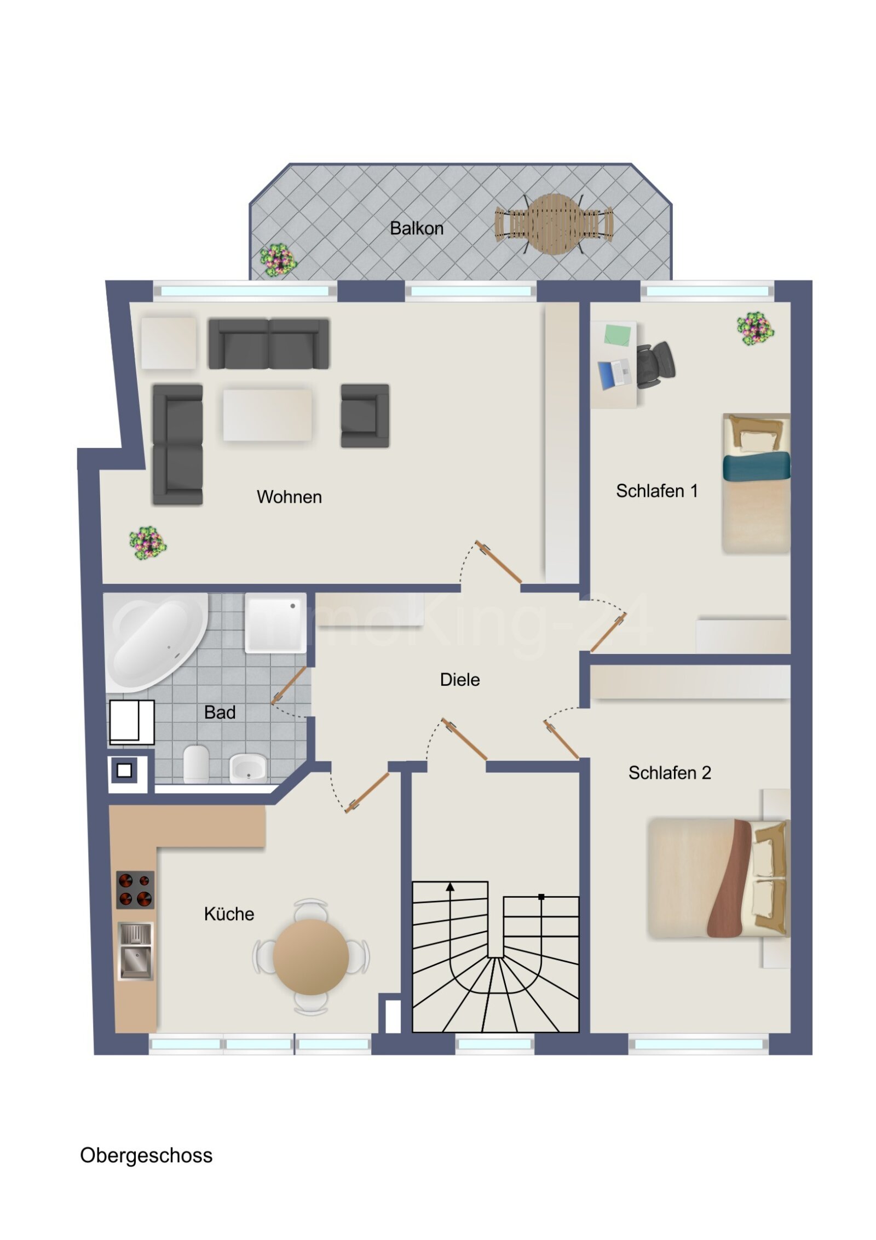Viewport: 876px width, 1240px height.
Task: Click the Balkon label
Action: pos(416,228)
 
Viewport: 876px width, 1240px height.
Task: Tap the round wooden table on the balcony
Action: pos(554,224)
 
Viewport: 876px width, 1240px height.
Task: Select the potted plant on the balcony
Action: pos(278,260)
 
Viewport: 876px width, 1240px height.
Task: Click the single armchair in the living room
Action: pos(364,416)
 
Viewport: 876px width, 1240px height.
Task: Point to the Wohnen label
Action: pos(289,497)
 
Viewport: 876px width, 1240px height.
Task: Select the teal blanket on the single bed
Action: pos(756,466)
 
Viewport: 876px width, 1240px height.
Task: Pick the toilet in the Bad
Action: pos(195,763)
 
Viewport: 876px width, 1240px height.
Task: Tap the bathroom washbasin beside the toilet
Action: pos(247,767)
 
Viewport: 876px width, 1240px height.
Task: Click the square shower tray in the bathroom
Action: pos(275,623)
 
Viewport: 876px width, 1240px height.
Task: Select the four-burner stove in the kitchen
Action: pos(135,889)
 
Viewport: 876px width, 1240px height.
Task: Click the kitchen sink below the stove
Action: pos(135,951)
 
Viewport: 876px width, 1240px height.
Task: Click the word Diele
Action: pos(459,680)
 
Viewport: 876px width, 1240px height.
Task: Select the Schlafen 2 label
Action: pos(669,773)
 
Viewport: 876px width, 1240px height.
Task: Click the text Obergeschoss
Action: pos(146,1155)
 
